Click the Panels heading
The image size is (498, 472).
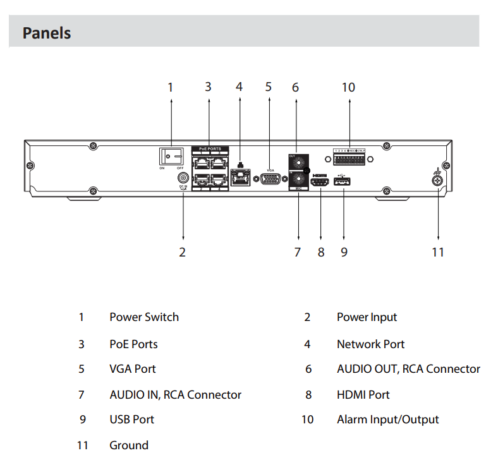click(x=47, y=33)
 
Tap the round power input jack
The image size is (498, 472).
click(x=183, y=179)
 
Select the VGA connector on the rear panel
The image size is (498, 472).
click(x=270, y=179)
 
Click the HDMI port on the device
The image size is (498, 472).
click(x=320, y=183)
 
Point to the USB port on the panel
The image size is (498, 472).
click(x=343, y=183)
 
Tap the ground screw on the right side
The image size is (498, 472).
click(x=437, y=181)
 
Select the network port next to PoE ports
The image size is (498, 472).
click(x=241, y=179)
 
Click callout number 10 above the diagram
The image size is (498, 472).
click(x=348, y=87)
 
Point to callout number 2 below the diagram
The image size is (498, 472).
click(x=182, y=252)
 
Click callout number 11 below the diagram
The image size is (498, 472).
click(x=438, y=252)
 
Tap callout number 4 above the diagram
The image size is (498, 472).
click(x=239, y=87)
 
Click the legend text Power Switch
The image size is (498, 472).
click(x=144, y=317)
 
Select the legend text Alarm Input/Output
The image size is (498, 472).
click(x=387, y=420)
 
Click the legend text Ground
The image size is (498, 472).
click(x=129, y=445)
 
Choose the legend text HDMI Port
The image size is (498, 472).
click(x=363, y=395)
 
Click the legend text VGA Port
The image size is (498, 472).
click(x=132, y=369)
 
